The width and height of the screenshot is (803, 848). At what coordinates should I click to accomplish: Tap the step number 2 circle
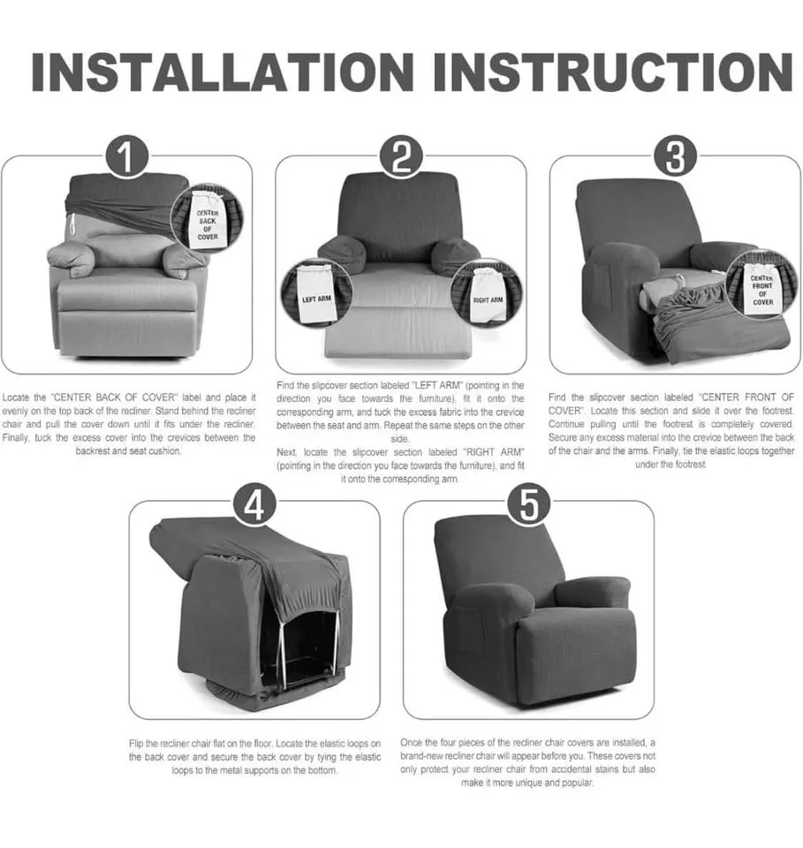[401, 158]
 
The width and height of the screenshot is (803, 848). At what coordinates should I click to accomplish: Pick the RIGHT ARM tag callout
[487, 293]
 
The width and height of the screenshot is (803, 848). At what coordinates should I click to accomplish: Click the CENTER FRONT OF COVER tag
[762, 284]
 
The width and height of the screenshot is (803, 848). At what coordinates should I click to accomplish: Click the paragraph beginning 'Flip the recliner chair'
[254, 757]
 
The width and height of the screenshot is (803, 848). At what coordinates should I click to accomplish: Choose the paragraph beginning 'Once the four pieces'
[528, 763]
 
